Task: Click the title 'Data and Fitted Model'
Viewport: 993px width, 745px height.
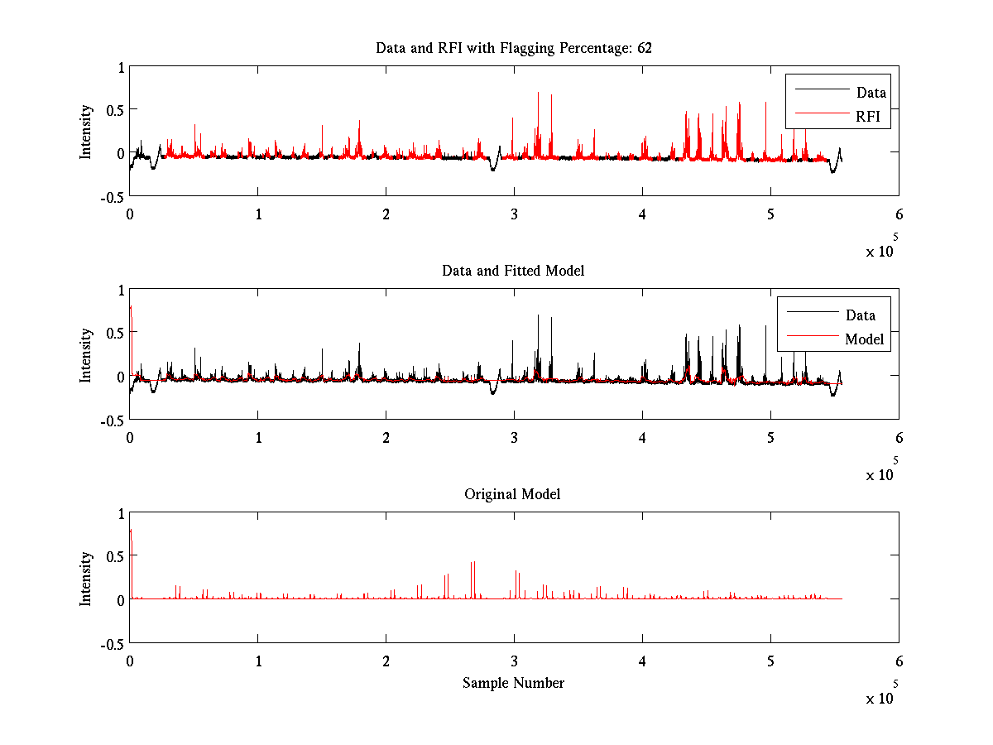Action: pos(513,271)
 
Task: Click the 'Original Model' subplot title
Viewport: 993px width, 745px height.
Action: pos(512,494)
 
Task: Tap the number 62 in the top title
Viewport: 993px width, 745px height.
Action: pos(645,48)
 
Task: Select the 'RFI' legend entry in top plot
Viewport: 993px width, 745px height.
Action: pos(868,118)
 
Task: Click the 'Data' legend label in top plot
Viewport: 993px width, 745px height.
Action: pos(871,93)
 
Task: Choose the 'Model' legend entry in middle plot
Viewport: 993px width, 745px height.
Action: pos(864,339)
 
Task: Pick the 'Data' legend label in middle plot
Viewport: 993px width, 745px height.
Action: pos(861,315)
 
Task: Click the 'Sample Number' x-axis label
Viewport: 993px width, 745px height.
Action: pos(513,683)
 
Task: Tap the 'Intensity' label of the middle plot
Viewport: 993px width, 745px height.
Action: pos(86,355)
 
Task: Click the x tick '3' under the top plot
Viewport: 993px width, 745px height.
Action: pos(514,214)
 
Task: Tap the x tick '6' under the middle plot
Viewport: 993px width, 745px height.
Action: pos(899,437)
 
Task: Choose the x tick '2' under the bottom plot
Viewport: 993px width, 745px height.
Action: pos(386,661)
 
